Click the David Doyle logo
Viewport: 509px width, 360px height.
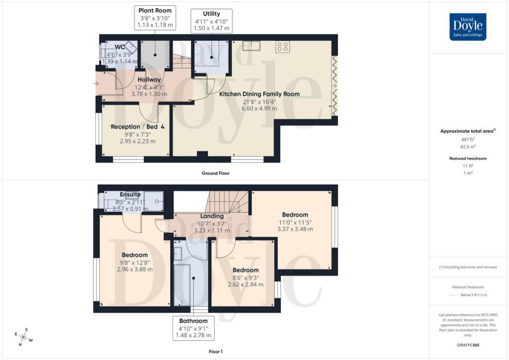point(468,27)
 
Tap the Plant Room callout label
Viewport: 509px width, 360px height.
point(155,18)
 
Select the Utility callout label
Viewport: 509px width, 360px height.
point(211,21)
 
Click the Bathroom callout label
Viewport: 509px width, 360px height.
point(193,328)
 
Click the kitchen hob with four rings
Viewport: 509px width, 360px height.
point(283,47)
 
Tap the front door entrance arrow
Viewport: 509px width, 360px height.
point(96,83)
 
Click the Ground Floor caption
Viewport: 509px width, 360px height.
point(215,174)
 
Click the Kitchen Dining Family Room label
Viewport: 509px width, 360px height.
point(259,93)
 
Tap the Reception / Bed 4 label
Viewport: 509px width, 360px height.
point(138,127)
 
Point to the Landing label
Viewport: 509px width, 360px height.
point(212,216)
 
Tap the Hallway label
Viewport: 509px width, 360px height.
point(149,80)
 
